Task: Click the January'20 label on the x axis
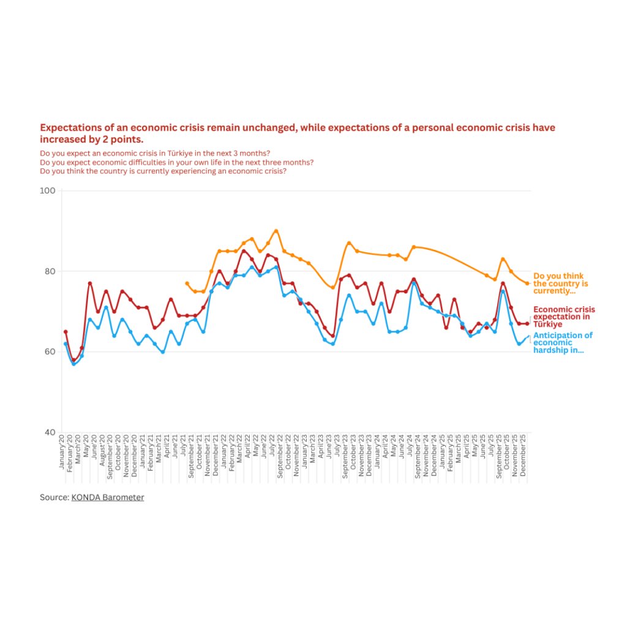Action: pos(62,452)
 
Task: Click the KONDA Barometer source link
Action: pos(108,498)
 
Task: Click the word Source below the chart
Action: pos(54,498)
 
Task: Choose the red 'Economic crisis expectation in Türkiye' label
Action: pos(564,317)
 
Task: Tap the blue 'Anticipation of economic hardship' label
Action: pos(563,343)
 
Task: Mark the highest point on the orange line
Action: pos(276,231)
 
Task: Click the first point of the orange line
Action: pos(187,283)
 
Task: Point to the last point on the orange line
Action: pos(527,283)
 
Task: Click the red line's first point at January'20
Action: pos(66,332)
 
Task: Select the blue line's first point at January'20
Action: pos(66,344)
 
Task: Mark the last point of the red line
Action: pos(527,324)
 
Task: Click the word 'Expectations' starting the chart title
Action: pos(69,128)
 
